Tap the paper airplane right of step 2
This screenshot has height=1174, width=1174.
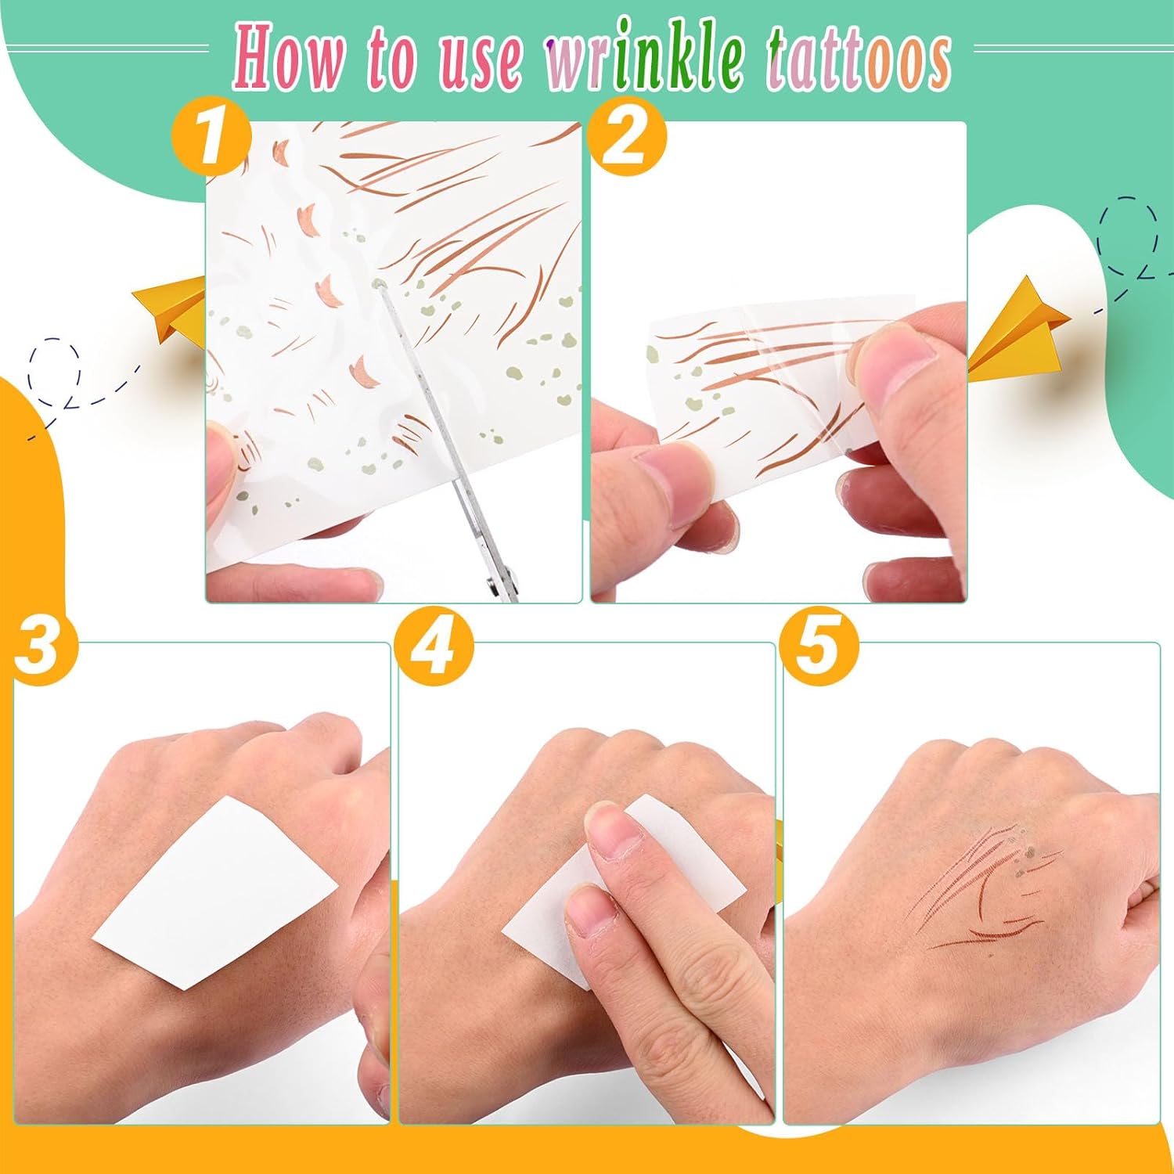1017,329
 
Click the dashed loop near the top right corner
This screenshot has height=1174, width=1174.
1129,235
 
